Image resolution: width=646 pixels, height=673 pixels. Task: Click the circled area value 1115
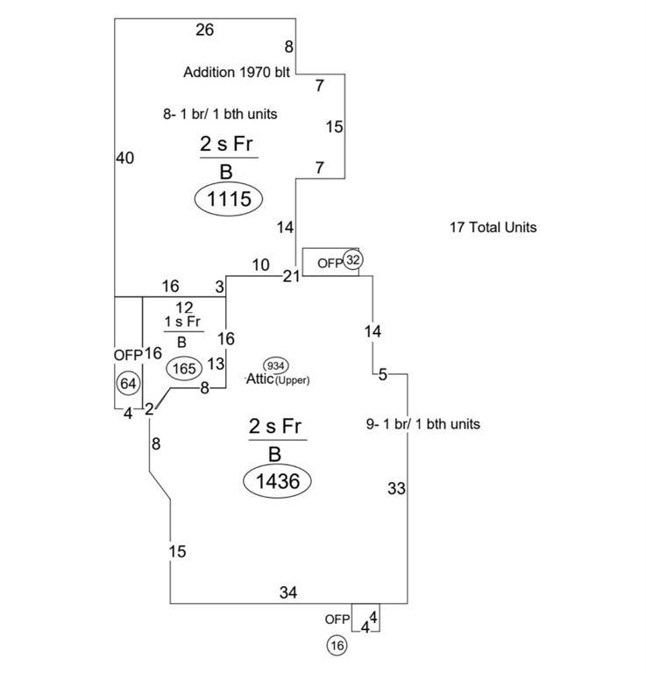[x=229, y=199]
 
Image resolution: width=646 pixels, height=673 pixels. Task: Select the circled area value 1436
[x=278, y=480]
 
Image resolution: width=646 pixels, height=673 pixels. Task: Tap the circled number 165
[x=185, y=368]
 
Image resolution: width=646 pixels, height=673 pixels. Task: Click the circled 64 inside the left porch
[x=128, y=384]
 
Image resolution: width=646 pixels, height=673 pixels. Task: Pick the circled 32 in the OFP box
[x=352, y=260]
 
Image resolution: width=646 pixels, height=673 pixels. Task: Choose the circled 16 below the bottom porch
[x=337, y=646]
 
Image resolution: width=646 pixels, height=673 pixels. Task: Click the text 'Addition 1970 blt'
[x=236, y=73]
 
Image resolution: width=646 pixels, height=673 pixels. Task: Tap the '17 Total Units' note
[x=493, y=227]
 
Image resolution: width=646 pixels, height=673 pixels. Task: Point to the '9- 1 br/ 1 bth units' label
[x=422, y=424]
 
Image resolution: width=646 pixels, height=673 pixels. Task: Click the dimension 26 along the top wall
[x=204, y=30]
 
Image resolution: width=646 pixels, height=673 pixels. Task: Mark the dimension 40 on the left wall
[x=124, y=158]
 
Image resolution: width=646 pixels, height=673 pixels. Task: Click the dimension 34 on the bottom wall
[x=288, y=593]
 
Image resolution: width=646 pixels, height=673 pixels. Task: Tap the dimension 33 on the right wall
[x=396, y=489]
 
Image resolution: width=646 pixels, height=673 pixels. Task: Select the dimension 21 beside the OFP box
[x=291, y=276]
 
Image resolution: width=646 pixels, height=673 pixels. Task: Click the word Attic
[x=260, y=379]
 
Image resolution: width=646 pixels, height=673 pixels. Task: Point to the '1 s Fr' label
[x=183, y=322]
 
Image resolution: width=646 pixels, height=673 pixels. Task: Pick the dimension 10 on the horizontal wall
[x=261, y=265]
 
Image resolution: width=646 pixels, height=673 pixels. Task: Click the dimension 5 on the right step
[x=383, y=375]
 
